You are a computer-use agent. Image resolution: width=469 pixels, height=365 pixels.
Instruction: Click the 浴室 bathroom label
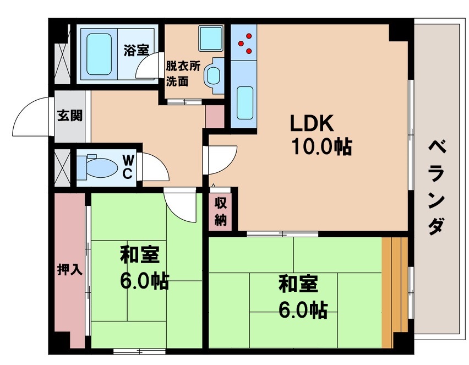coord(135,50)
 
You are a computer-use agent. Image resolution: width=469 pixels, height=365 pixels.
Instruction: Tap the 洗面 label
coord(177,81)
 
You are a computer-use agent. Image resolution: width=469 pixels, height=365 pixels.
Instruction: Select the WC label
coord(127,166)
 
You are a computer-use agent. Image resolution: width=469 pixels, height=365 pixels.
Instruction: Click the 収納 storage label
coord(221,210)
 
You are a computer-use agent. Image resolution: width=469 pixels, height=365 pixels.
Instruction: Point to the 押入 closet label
coord(70,269)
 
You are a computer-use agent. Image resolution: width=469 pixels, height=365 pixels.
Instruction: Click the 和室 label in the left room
coord(140,255)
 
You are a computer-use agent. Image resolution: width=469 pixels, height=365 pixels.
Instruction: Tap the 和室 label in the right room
coord(297,285)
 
